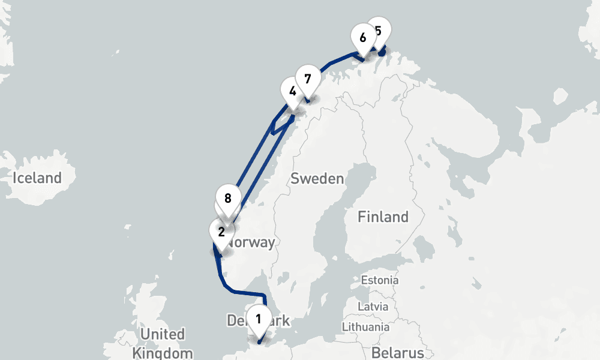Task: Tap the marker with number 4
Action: pyautogui.click(x=292, y=92)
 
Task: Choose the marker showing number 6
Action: pyautogui.click(x=362, y=37)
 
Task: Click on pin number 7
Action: pyautogui.click(x=308, y=79)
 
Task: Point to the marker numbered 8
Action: pyautogui.click(x=227, y=199)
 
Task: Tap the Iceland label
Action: pyautogui.click(x=38, y=178)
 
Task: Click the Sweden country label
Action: pyautogui.click(x=317, y=178)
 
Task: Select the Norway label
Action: pyautogui.click(x=252, y=242)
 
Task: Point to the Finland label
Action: pyautogui.click(x=383, y=217)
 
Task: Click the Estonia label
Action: pyautogui.click(x=379, y=280)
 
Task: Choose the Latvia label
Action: pyautogui.click(x=373, y=306)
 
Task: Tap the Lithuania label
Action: pyautogui.click(x=365, y=327)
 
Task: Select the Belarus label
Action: pyautogui.click(x=397, y=352)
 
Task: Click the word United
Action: pyautogui.click(x=163, y=334)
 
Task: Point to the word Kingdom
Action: pyautogui.click(x=163, y=353)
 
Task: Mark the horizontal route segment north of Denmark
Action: pyautogui.click(x=246, y=293)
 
